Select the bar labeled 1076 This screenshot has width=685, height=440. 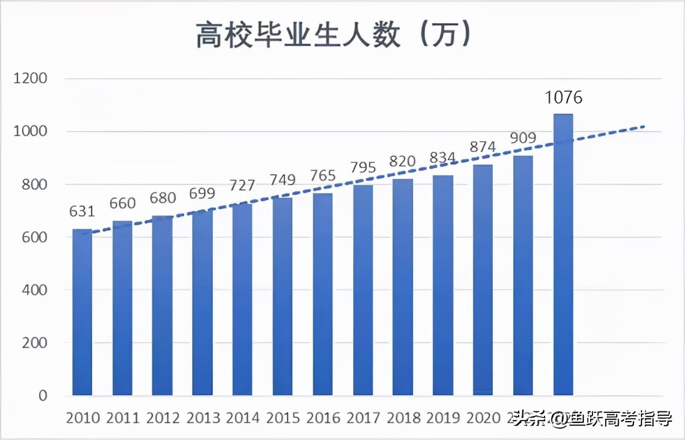coord(563,253)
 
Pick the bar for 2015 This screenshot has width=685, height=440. coord(282,297)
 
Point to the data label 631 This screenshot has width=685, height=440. coord(82,211)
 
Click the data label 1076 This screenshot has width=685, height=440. coord(564,98)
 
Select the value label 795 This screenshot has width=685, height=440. coord(362,167)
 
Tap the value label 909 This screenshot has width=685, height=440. coord(522,138)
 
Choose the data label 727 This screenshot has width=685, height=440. coord(242,185)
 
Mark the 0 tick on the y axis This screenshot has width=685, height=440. coord(43,395)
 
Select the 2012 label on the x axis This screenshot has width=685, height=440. coord(163,418)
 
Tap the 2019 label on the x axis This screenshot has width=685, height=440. coord(443,418)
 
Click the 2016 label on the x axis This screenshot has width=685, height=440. coord(323,418)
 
